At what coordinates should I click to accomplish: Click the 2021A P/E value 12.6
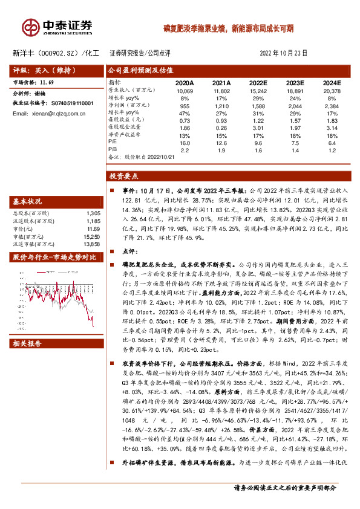click(x=221, y=143)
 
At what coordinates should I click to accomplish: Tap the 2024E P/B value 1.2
click(x=332, y=150)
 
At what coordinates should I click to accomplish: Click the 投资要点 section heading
click(x=123, y=176)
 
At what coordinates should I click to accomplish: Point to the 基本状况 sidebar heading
click(x=27, y=201)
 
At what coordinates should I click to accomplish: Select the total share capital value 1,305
click(x=93, y=213)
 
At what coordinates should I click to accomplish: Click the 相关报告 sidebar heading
click(x=27, y=343)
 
